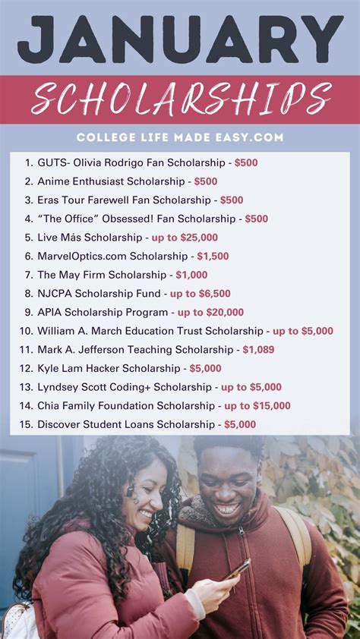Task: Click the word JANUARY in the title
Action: pos(180,39)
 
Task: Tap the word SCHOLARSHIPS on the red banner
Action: pos(182,99)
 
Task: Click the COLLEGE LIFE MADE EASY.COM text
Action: pos(180,137)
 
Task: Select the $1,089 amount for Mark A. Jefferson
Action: pos(258,350)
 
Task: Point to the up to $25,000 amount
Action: pos(185,238)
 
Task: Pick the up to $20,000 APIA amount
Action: pos(210,312)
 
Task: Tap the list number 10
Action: pos(27,331)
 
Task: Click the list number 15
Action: pos(27,424)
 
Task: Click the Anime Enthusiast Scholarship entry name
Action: pos(111,181)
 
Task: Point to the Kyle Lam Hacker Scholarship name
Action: pos(109,368)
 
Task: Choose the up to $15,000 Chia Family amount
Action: pos(257,406)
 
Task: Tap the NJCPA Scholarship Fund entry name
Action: pos(99,294)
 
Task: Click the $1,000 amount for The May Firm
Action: pos(191,275)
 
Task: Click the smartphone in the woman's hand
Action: pos(238,568)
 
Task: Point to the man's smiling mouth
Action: pos(228,508)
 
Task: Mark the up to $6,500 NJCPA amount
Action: pos(200,294)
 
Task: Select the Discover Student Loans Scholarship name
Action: pos(125,424)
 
